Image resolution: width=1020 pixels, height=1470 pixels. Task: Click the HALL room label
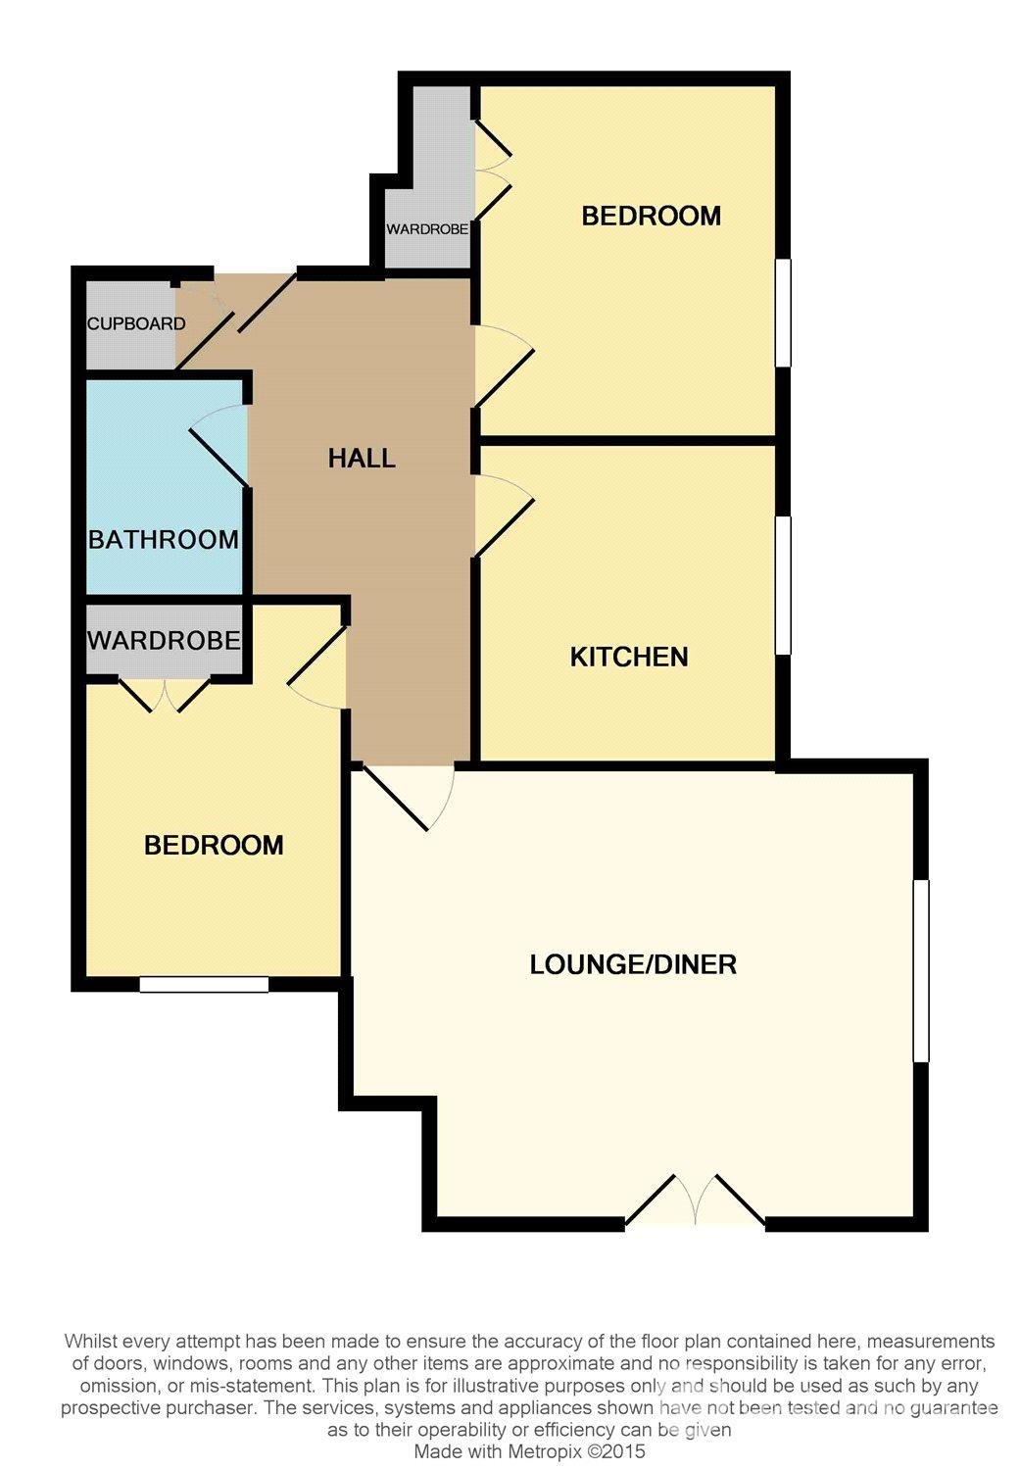(362, 458)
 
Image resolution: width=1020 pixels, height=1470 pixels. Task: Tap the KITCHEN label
(629, 657)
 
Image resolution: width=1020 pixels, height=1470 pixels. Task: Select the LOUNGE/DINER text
(633, 964)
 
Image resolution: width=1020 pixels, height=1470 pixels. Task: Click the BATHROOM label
(164, 539)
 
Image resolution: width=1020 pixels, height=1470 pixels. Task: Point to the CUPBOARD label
(136, 323)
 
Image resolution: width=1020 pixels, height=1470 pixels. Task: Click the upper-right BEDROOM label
(652, 216)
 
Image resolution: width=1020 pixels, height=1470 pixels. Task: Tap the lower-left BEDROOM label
(214, 845)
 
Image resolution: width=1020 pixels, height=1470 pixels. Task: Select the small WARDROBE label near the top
(427, 229)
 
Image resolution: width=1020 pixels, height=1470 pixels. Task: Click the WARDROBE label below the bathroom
(164, 640)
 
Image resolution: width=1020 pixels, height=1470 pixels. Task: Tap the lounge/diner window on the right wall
(921, 970)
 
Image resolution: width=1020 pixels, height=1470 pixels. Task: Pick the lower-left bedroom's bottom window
(204, 984)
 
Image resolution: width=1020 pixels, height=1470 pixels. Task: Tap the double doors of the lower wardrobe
(165, 694)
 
